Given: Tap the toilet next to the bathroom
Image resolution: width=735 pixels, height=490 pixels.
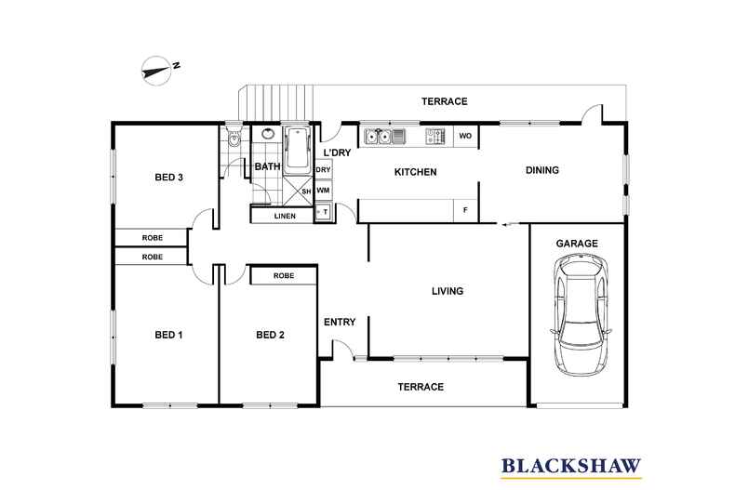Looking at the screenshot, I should (234, 141).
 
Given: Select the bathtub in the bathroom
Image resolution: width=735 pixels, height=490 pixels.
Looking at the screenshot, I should (298, 149).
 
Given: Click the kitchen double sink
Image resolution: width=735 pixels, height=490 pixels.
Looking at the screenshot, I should (385, 137).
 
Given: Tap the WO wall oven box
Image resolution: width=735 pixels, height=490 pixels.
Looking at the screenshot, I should (466, 137).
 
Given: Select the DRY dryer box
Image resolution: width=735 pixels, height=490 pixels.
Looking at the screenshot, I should (323, 170).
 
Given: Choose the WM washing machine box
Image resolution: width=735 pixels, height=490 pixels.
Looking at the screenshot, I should (323, 191).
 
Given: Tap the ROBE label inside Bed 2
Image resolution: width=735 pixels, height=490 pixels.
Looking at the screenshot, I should (284, 276).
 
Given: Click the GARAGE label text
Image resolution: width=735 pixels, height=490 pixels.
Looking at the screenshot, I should (577, 243).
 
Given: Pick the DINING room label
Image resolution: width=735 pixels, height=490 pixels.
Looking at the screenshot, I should (542, 170).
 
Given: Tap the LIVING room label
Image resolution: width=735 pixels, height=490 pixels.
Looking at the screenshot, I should (447, 291).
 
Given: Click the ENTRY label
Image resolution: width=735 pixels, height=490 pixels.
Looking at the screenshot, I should (340, 323).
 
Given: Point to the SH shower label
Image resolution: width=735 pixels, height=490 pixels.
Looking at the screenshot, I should (305, 192).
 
